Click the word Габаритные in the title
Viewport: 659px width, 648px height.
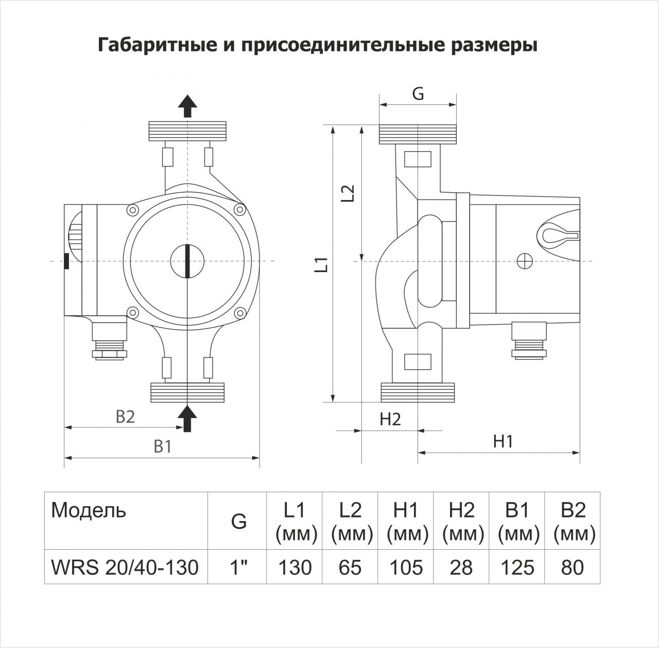point(158,45)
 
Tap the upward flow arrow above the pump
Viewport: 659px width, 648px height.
point(187,106)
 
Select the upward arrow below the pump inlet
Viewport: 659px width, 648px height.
point(187,418)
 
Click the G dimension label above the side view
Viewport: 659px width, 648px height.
point(418,93)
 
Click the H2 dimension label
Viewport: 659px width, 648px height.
point(390,419)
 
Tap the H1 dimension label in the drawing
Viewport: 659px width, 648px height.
point(503,442)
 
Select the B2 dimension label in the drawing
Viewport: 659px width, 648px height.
point(125,417)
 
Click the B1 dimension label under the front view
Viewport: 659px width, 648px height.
point(163,446)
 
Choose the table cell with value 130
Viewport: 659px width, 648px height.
point(294,567)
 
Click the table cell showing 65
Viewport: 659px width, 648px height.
point(350,567)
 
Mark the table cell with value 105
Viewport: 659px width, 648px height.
point(406,567)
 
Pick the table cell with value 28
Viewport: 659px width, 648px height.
point(461,567)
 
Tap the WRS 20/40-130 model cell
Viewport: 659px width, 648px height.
point(126,567)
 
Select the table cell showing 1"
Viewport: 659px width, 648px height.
point(237,567)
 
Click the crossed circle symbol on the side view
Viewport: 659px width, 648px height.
point(525,261)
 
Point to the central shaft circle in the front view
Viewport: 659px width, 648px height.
point(187,261)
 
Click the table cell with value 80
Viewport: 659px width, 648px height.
point(573,567)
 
